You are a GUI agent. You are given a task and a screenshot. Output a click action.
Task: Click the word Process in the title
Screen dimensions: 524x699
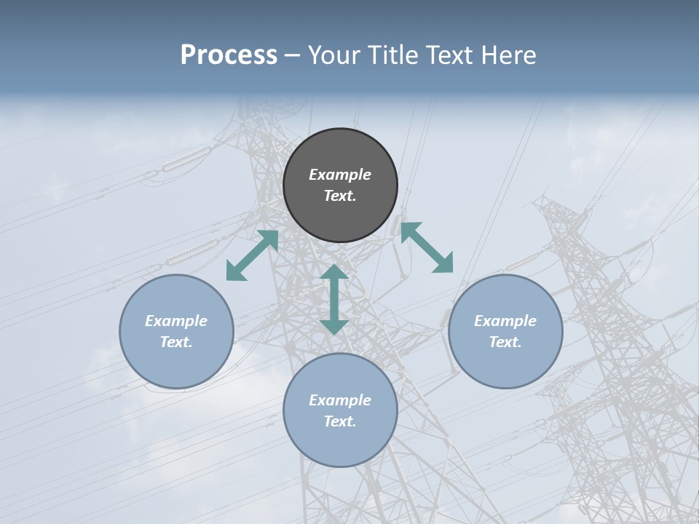[x=229, y=55]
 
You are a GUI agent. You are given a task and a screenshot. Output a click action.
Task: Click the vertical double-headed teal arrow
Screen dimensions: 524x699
[x=334, y=299]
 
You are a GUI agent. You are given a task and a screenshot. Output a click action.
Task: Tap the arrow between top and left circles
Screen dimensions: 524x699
[x=252, y=255]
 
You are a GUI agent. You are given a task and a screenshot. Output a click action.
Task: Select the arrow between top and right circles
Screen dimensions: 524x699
[x=427, y=247]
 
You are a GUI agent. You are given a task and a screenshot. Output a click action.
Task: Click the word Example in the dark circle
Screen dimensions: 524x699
[x=340, y=175]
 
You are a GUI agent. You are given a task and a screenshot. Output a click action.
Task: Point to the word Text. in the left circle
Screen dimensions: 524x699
[x=176, y=342]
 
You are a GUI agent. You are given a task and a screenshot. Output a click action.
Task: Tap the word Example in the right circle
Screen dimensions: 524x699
[x=505, y=321]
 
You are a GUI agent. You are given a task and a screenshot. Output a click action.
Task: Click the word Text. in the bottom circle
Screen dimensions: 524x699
[x=340, y=421]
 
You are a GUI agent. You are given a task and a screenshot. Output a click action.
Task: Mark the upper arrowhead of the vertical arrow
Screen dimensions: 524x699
[x=334, y=273]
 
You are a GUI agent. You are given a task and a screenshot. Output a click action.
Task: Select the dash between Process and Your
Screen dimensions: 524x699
[x=293, y=55]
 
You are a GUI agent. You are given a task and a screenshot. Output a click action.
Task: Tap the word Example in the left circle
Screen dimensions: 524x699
[x=176, y=321]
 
